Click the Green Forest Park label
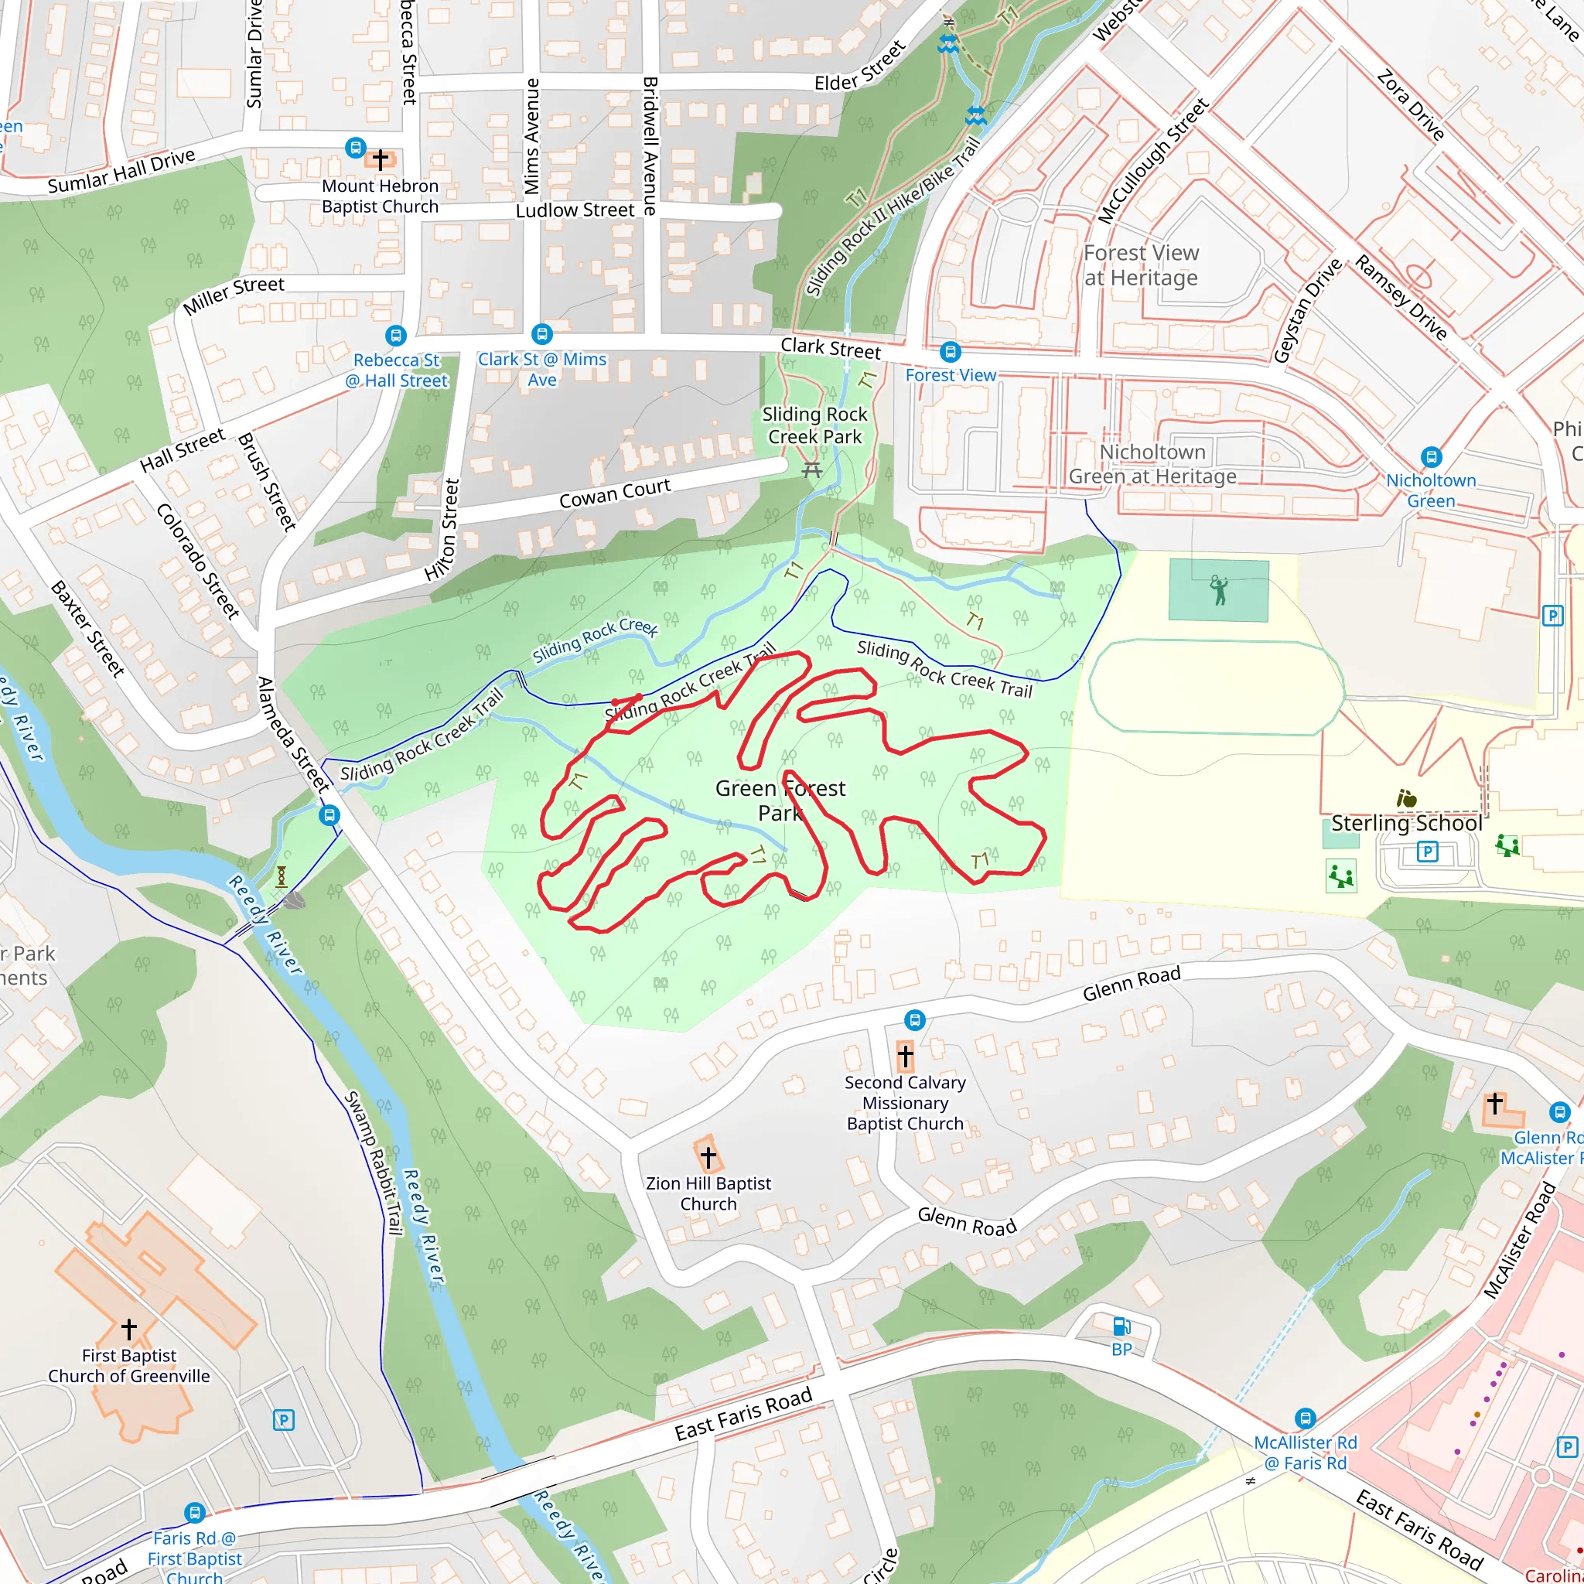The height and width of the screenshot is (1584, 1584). click(780, 801)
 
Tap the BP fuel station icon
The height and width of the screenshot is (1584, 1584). click(1121, 1326)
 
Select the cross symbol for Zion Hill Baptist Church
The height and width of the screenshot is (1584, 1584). click(708, 1157)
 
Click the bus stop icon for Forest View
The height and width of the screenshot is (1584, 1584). click(951, 353)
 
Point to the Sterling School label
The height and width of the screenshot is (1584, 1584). click(1406, 823)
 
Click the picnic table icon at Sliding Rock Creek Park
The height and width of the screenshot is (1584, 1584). click(811, 469)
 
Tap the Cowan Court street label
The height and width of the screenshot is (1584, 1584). click(614, 493)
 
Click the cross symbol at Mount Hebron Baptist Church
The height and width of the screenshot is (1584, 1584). click(381, 159)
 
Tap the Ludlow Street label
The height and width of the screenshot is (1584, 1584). click(575, 210)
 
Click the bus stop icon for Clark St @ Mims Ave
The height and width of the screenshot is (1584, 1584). click(542, 334)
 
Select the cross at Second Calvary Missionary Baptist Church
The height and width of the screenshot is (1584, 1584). click(905, 1057)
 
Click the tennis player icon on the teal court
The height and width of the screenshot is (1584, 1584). click(1219, 589)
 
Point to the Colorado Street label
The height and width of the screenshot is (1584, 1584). click(197, 561)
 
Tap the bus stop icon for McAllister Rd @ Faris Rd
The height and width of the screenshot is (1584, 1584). click(1306, 1418)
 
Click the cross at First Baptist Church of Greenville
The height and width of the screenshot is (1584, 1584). click(128, 1327)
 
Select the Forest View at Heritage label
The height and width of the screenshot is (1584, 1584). click(1141, 265)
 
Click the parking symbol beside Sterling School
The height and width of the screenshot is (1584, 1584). click(1428, 852)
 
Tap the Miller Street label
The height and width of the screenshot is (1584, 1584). click(234, 295)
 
